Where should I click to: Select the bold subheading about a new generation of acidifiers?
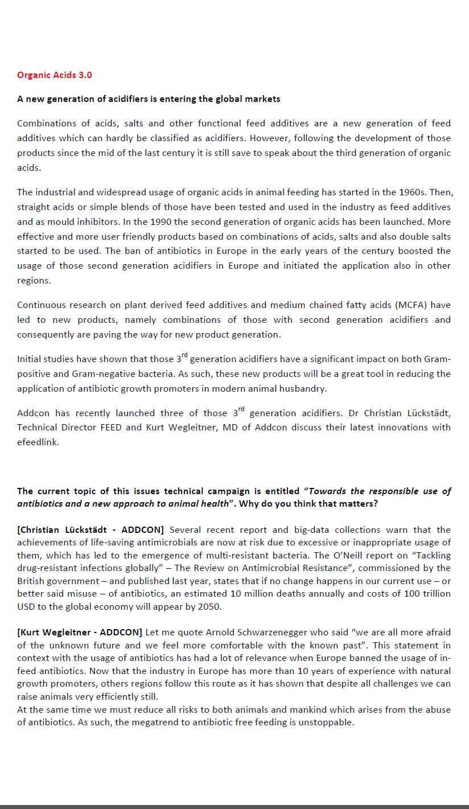coord(149,99)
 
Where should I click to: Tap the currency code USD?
coord(26,606)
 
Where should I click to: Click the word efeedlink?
coord(38,442)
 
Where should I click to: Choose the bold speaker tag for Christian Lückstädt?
coord(90,530)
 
